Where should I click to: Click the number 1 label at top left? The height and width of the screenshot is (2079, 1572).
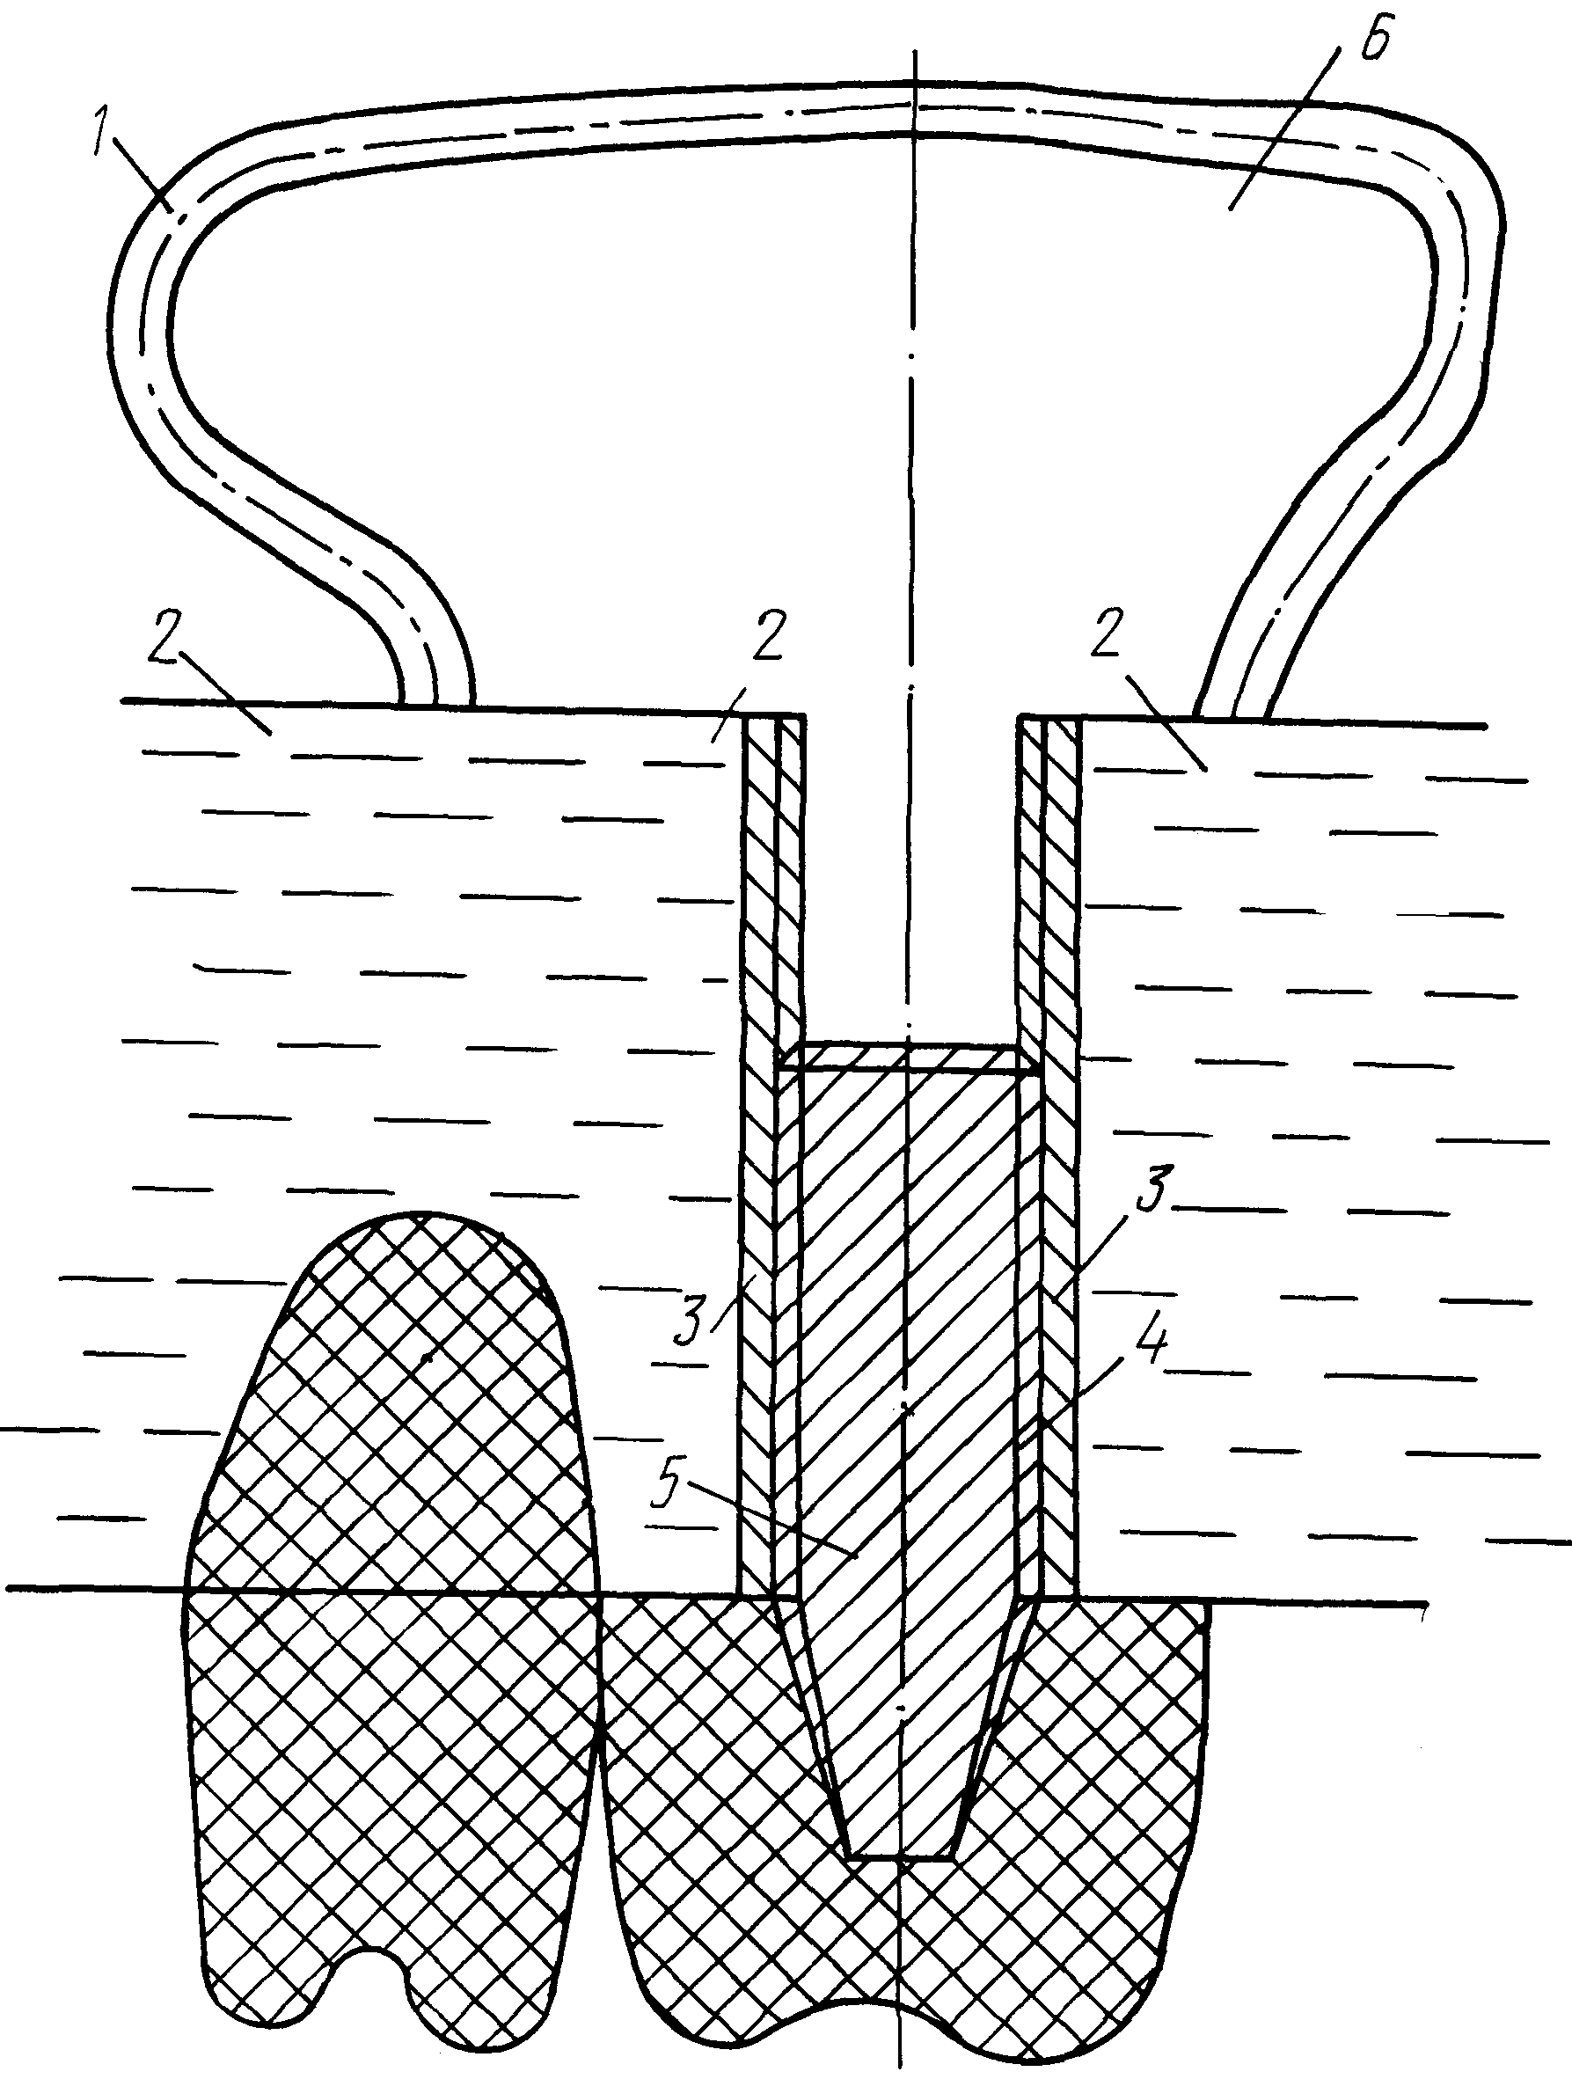tap(106, 135)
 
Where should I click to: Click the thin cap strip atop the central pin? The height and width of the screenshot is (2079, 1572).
tap(910, 1057)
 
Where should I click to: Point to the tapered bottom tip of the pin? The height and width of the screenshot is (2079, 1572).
tap(899, 1856)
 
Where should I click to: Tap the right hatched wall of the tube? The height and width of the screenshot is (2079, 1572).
tap(1049, 1156)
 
